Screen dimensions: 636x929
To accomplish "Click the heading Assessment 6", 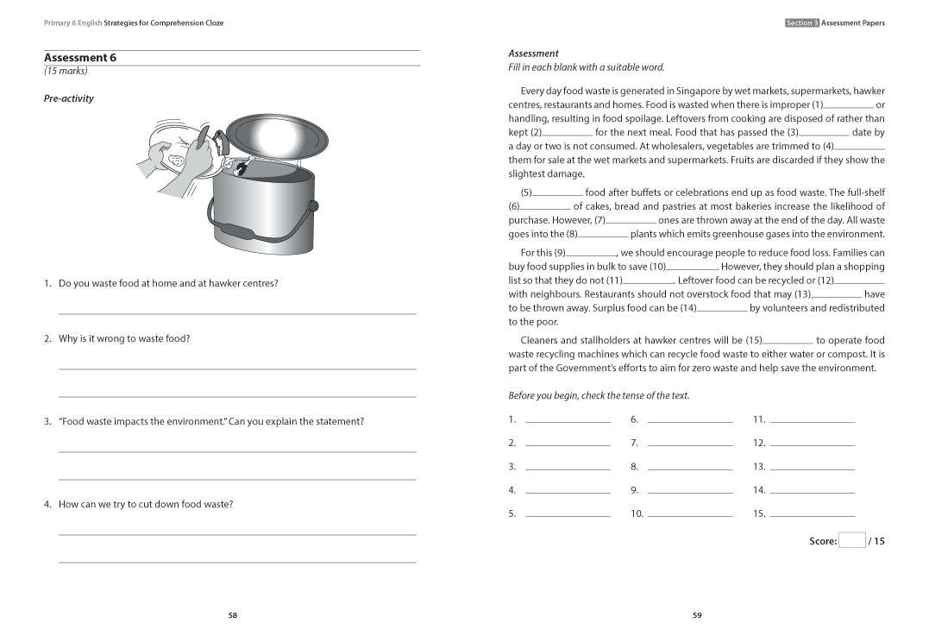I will click(x=79, y=58).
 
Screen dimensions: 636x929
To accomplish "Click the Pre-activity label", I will click(x=68, y=98).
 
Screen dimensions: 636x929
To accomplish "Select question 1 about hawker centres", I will click(x=167, y=284).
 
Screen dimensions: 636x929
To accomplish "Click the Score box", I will click(x=851, y=541).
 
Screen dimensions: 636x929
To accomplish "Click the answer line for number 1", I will click(x=567, y=420).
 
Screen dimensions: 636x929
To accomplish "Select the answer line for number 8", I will click(x=689, y=468).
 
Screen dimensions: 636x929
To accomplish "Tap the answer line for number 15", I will click(x=812, y=514).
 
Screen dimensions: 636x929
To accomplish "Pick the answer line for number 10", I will click(x=689, y=514).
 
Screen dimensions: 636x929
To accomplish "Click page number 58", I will click(x=232, y=615).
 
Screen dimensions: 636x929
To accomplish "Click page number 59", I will click(x=697, y=615).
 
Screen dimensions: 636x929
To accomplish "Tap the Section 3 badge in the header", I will click(x=801, y=23).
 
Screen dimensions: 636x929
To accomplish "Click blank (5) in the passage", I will click(x=557, y=193).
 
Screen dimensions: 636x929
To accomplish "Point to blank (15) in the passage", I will click(x=788, y=341).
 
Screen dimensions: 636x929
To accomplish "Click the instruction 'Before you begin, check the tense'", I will click(x=599, y=396).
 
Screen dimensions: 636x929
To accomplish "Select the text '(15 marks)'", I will click(x=66, y=72).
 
